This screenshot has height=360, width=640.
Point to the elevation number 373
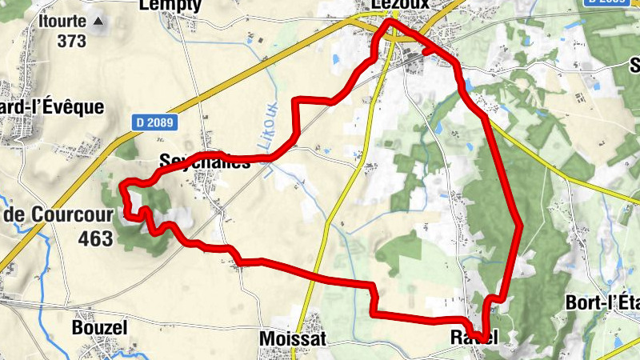(71, 41)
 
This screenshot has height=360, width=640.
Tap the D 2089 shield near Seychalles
(154, 122)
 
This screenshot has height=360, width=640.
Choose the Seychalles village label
(205, 161)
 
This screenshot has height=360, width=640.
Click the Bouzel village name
(99, 328)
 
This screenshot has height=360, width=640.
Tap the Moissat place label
(293, 339)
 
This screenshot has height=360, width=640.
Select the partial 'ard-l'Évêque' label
(52, 106)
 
